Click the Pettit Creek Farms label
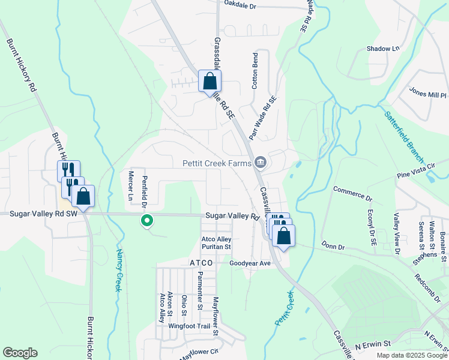click(x=216, y=163)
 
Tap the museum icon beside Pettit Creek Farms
click(x=261, y=162)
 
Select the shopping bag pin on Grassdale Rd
click(x=210, y=81)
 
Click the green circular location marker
click(x=146, y=221)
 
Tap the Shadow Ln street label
click(x=382, y=49)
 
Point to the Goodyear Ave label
click(x=250, y=263)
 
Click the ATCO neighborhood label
click(x=201, y=263)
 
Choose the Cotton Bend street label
click(x=255, y=71)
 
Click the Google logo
click(x=20, y=353)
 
